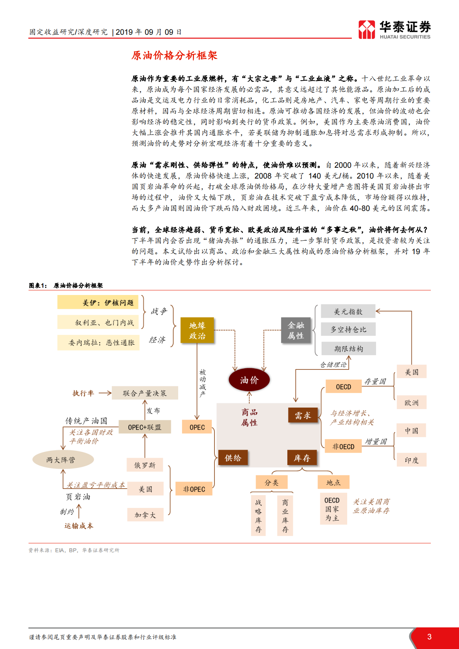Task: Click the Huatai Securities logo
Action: click(x=394, y=30)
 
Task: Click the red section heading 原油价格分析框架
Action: click(x=174, y=56)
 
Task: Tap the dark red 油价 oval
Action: click(x=249, y=380)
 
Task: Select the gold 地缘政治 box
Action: click(x=197, y=330)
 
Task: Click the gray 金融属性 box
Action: click(x=296, y=330)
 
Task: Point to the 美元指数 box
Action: click(x=348, y=312)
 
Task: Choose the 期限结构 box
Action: click(x=348, y=349)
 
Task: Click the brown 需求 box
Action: click(x=303, y=415)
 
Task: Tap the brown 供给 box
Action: click(x=233, y=458)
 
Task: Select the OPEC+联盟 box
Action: click(x=145, y=427)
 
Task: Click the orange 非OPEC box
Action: click(x=194, y=489)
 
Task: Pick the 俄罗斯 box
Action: click(x=145, y=465)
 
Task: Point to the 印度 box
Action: click(x=411, y=460)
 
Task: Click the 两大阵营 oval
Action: click(x=63, y=460)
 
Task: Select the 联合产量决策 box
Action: click(x=145, y=393)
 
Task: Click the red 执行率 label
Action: click(x=83, y=393)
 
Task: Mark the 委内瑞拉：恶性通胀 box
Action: click(x=99, y=342)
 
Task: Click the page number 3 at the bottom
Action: click(x=429, y=637)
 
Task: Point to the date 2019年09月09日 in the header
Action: click(x=148, y=32)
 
